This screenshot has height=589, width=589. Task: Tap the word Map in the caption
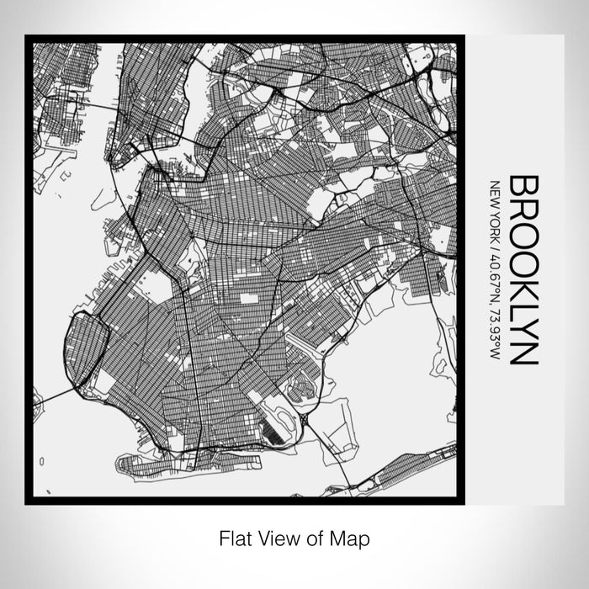[x=353, y=536]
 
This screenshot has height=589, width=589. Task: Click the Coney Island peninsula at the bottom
[x=168, y=462]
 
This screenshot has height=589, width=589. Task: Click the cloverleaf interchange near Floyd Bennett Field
[x=304, y=418]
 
